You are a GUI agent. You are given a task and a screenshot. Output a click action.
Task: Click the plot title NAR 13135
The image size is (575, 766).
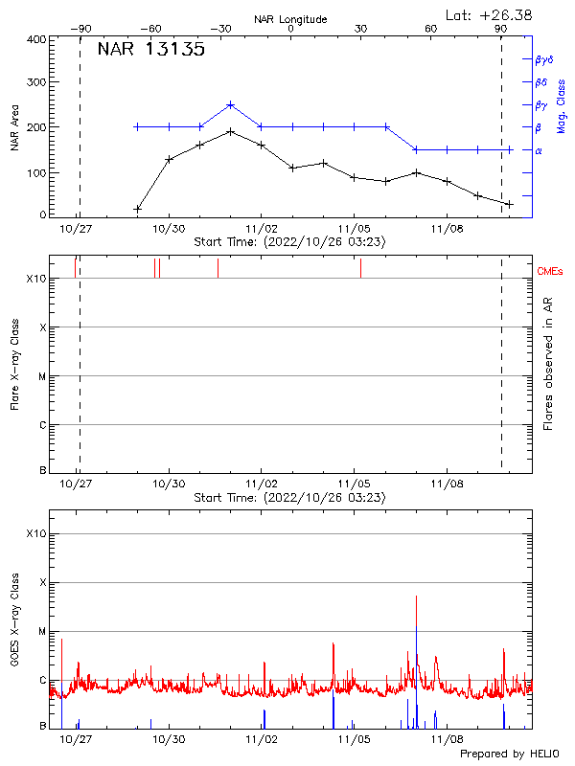[x=150, y=51]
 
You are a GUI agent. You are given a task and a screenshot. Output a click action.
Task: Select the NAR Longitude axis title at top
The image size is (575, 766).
[x=290, y=19]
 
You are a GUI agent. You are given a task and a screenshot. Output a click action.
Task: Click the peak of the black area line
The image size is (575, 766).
[x=231, y=131]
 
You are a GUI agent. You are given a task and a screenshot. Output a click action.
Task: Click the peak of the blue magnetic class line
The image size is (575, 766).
[x=231, y=104]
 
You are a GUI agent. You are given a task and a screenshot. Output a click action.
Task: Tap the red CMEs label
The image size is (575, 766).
[x=551, y=273]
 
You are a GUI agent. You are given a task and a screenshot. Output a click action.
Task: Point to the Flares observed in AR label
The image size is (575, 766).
[x=549, y=364]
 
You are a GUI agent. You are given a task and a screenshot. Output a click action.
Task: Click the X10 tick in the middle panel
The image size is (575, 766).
[x=35, y=279]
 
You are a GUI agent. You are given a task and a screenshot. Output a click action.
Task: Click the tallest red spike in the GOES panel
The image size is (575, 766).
[x=417, y=597]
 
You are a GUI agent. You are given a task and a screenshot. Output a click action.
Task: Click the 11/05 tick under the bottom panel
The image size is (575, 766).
[x=355, y=739]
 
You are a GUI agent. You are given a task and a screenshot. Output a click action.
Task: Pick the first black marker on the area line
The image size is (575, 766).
[x=137, y=208]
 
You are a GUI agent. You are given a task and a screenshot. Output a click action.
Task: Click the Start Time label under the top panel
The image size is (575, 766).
[x=290, y=242]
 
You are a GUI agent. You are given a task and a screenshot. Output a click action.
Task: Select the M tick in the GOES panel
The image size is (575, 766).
[x=42, y=632]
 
